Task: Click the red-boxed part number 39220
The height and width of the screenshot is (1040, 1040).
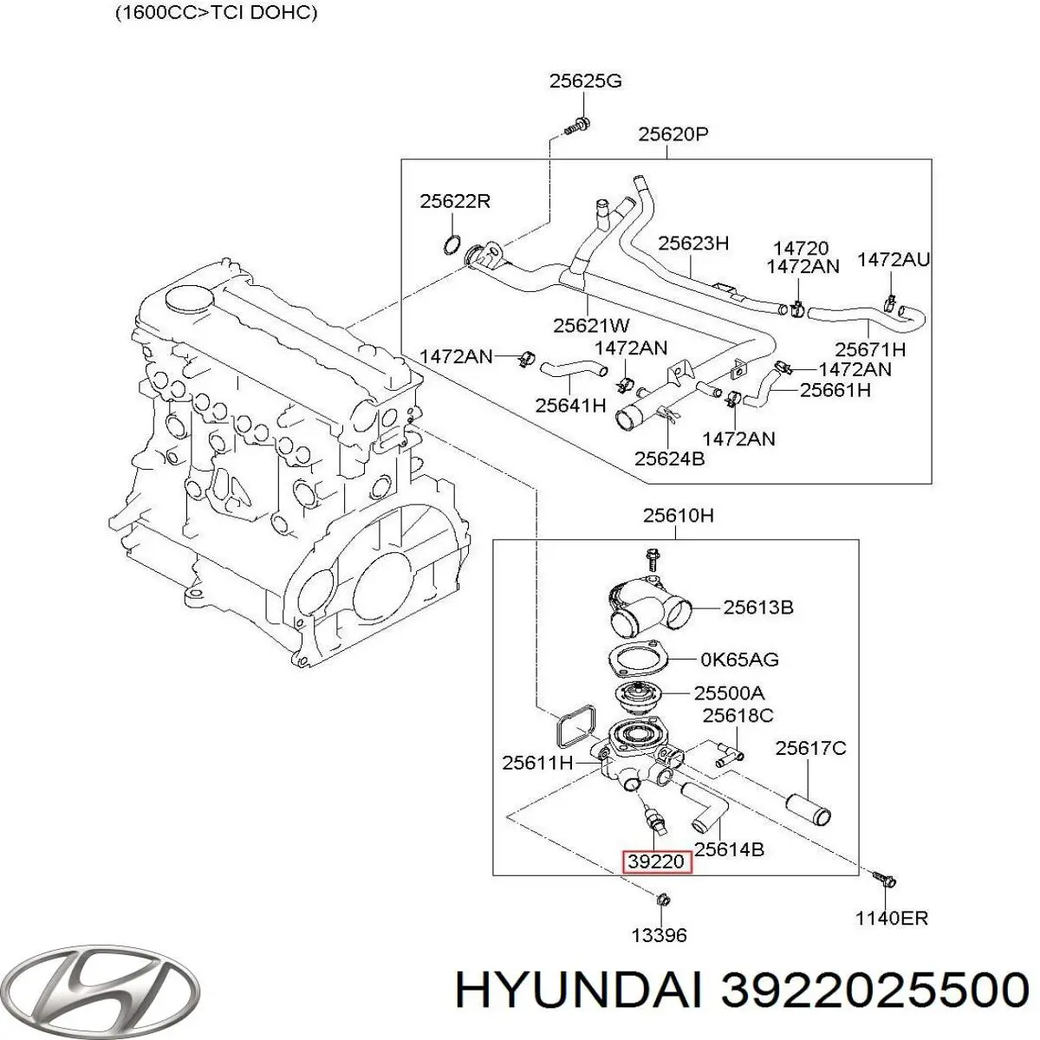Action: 658,861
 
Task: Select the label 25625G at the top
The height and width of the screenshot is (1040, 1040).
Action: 585,82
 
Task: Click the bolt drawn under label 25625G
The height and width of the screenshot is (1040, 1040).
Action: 578,127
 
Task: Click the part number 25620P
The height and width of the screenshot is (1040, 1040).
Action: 673,134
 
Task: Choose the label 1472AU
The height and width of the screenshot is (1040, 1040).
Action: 894,259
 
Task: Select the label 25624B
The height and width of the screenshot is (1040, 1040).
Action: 669,458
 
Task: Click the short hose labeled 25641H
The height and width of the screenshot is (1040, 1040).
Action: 569,372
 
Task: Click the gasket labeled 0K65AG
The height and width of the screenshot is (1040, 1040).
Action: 636,660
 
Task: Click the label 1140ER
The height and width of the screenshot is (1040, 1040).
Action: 891,918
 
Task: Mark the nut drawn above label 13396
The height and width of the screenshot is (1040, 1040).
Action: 662,899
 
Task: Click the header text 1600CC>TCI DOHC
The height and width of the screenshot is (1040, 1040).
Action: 215,14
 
